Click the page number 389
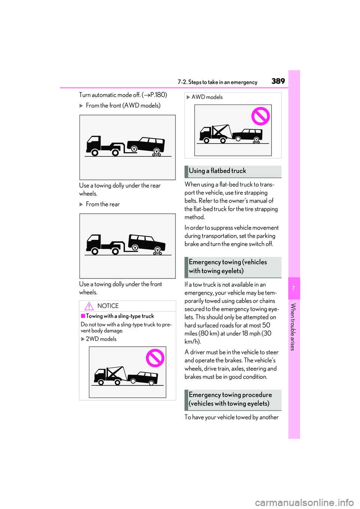278,81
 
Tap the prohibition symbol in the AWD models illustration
261,116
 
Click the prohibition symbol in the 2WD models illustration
155,358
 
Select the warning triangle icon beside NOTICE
89,306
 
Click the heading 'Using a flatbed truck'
217,171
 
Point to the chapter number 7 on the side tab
294,288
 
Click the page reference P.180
157,95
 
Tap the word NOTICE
108,306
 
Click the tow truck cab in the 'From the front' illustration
93,144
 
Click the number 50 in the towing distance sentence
266,325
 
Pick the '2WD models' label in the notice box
101,339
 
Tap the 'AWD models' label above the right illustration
207,97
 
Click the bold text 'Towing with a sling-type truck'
120,316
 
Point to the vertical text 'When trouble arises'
293,327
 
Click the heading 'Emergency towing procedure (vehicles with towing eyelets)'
230,399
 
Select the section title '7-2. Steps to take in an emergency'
217,82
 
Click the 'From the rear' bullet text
103,204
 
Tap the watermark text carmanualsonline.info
304,502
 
